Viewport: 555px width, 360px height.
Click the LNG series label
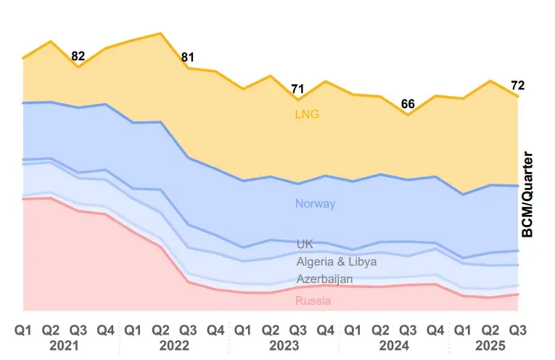click(x=307, y=114)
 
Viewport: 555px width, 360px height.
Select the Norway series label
click(x=315, y=203)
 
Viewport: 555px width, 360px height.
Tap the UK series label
click(x=305, y=244)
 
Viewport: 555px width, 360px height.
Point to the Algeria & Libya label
click(x=337, y=261)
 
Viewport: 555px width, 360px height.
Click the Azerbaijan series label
click(x=324, y=279)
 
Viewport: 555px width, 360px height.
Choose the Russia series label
click(x=313, y=300)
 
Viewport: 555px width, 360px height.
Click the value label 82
click(x=78, y=56)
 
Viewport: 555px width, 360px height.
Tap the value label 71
click(x=297, y=89)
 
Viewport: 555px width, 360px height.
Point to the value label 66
click(x=408, y=104)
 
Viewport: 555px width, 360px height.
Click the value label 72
click(x=517, y=86)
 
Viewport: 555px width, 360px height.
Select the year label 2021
click(x=64, y=345)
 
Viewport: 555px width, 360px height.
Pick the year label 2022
click(x=174, y=345)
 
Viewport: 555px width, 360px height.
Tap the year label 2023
click(x=284, y=345)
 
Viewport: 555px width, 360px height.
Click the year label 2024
click(x=394, y=345)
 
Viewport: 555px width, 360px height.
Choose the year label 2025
click(x=490, y=345)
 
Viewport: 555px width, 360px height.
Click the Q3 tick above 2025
click(x=517, y=330)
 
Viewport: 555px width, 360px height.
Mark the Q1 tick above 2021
click(x=23, y=330)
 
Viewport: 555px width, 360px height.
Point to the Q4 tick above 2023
click(x=325, y=330)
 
